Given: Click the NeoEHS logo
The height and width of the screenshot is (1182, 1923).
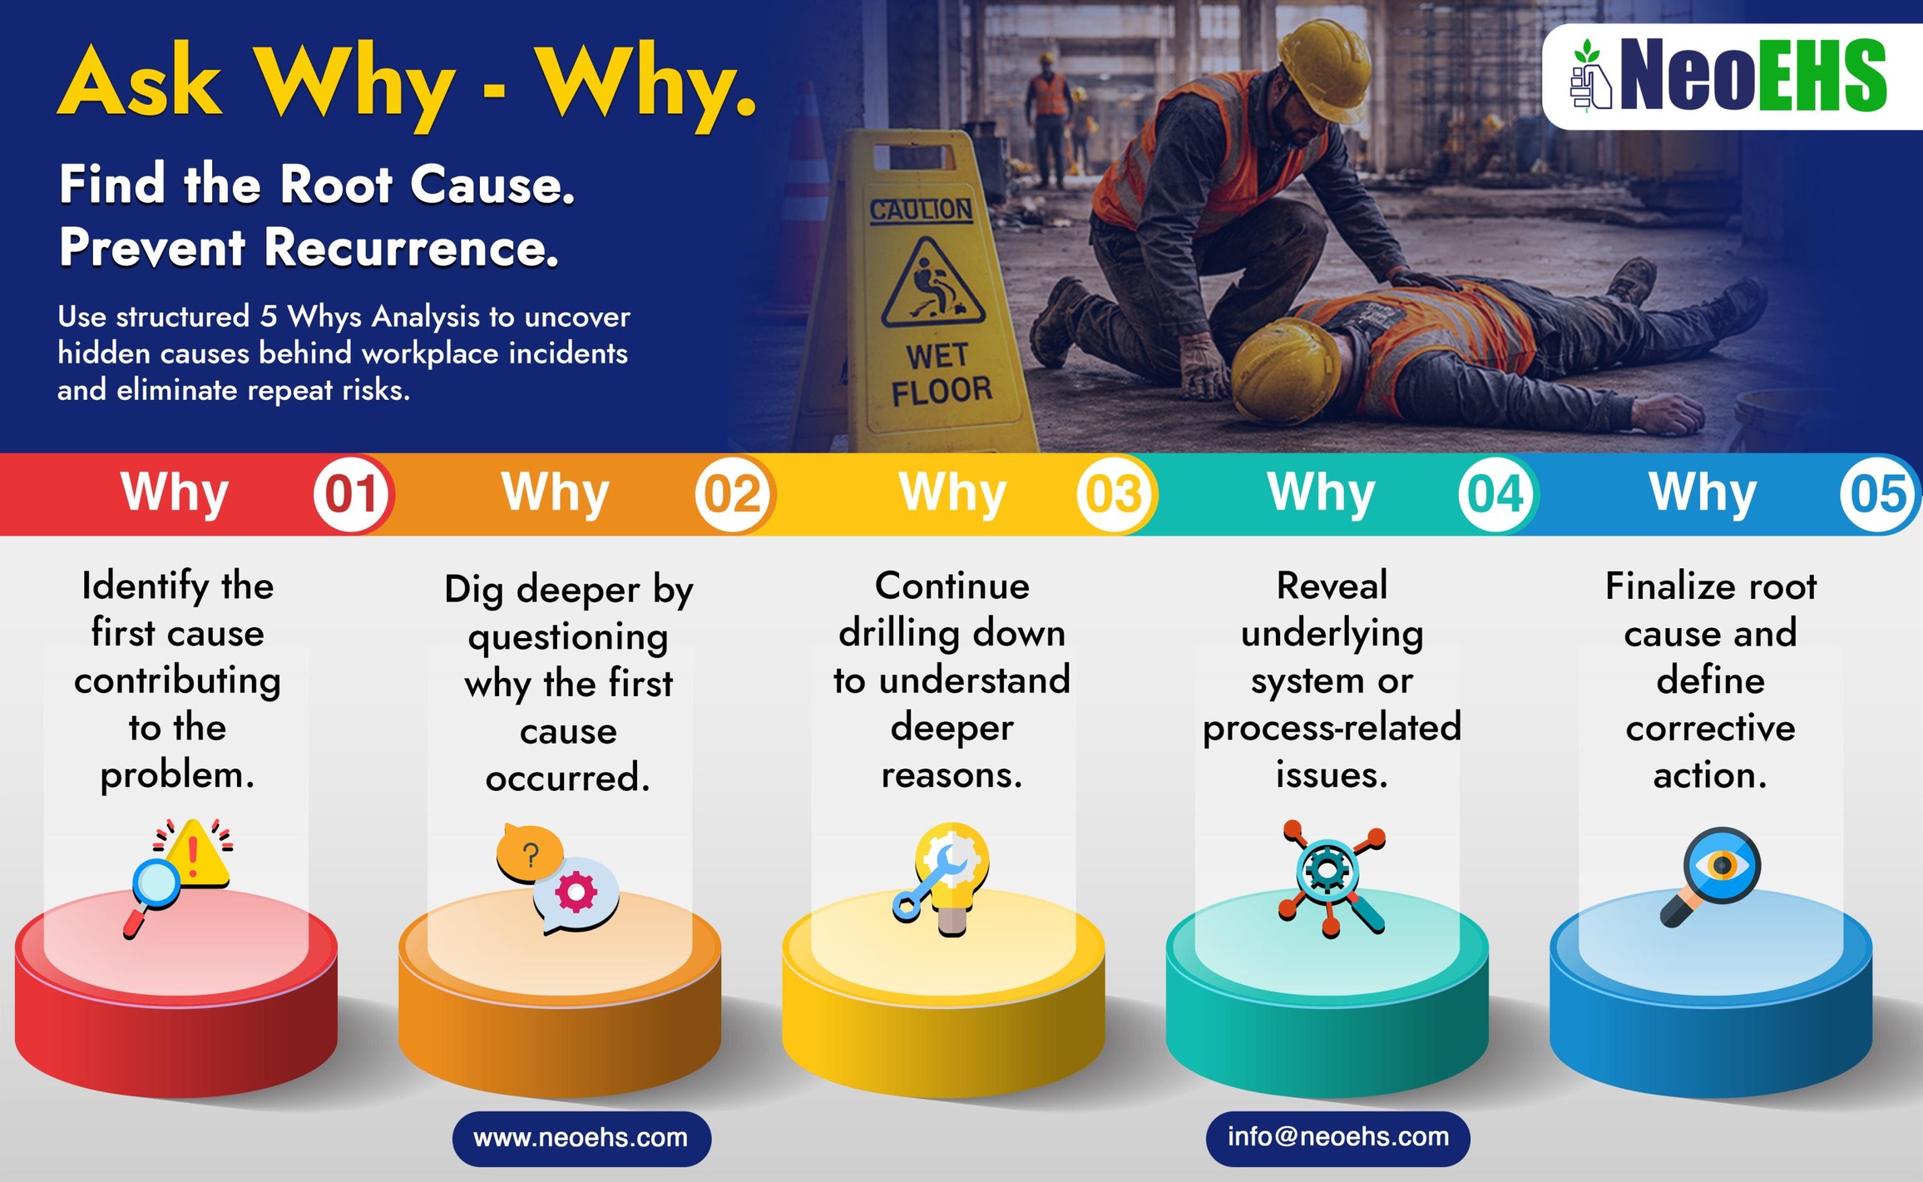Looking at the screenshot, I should [1730, 77].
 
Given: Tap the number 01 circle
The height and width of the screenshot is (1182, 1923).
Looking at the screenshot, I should [352, 494].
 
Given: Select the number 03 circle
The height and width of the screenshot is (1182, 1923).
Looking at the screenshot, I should [1115, 494].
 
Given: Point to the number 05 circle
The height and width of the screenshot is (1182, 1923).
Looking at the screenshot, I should [1878, 494].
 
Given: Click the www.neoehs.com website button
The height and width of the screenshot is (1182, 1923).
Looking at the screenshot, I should [581, 1137].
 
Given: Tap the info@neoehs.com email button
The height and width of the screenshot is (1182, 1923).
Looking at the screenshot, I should [1337, 1136].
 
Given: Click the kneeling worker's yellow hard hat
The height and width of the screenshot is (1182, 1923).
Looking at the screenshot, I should [1325, 67].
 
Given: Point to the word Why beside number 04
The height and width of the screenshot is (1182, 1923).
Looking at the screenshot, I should [1321, 492].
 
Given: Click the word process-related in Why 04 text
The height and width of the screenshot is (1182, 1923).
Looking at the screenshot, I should [1332, 728].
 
